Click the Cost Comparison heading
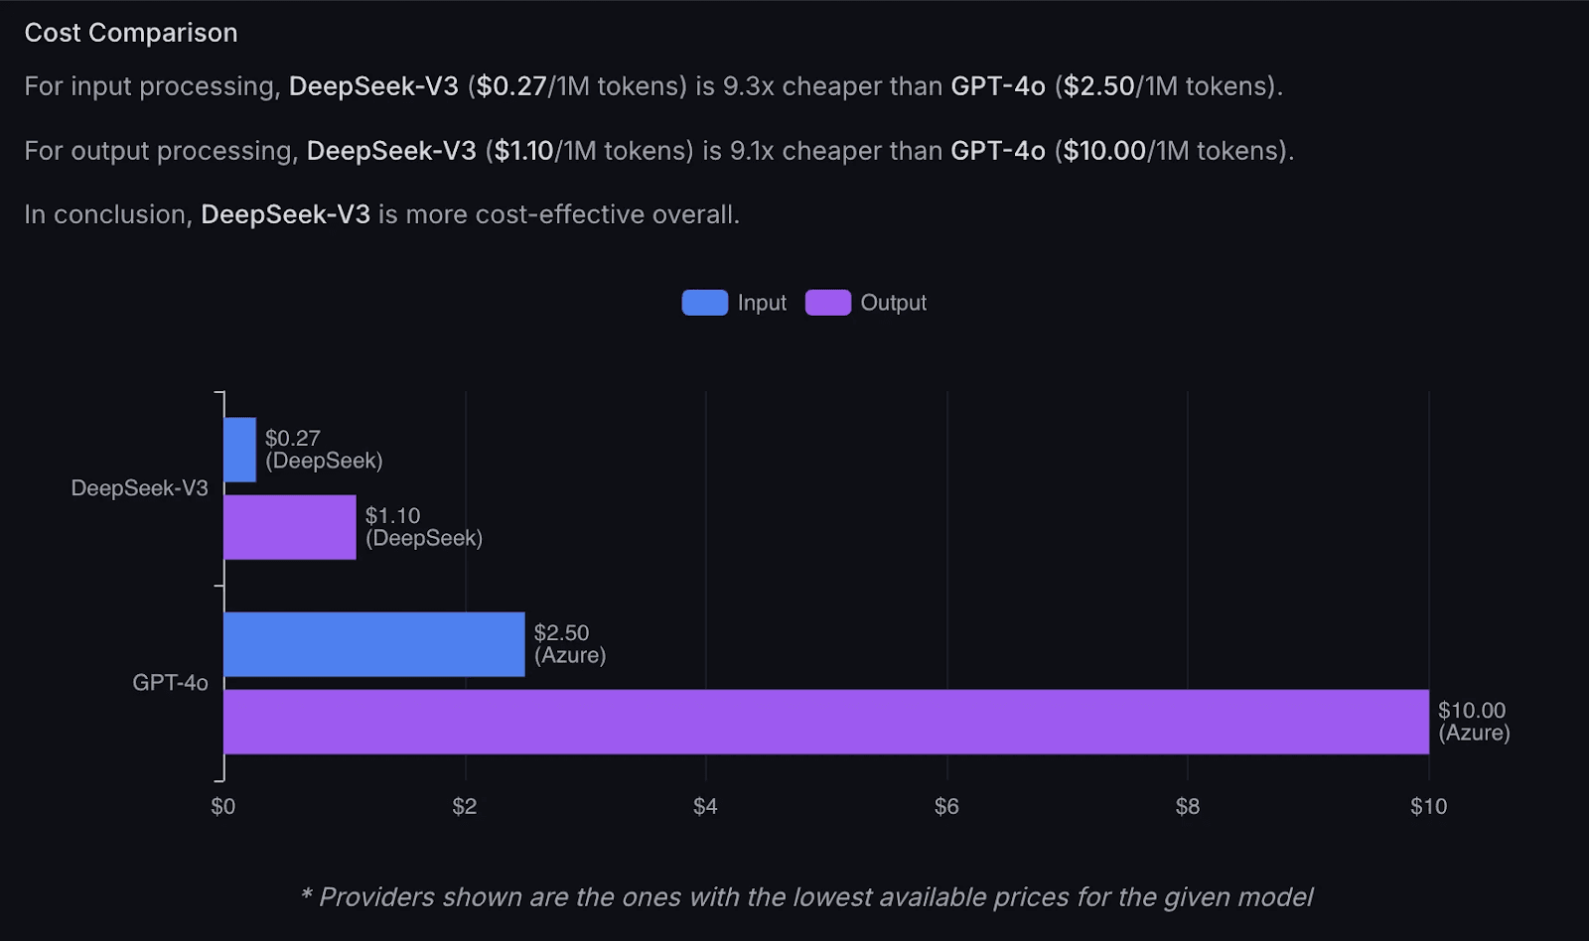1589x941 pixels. [x=131, y=33]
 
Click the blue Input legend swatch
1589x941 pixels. [x=704, y=303]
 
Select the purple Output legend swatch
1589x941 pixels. [x=827, y=303]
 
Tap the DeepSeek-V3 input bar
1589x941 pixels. [x=239, y=450]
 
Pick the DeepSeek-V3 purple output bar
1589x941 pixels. [x=289, y=527]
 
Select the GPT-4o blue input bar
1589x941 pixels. [x=373, y=644]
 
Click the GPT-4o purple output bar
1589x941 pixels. [x=824, y=722]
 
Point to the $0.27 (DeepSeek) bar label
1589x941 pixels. [x=323, y=450]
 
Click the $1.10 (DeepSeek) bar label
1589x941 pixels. [x=423, y=527]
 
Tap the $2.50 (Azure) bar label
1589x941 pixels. [x=569, y=644]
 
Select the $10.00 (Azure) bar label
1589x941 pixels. [x=1473, y=722]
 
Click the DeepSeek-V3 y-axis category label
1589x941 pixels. [x=139, y=488]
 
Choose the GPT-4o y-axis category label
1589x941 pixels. [x=170, y=683]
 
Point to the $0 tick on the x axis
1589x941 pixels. [x=223, y=806]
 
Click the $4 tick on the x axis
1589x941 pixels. [x=705, y=806]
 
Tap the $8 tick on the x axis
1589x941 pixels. [x=1187, y=806]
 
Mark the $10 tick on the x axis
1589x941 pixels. [x=1428, y=806]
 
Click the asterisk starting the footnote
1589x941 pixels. [x=307, y=895]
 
